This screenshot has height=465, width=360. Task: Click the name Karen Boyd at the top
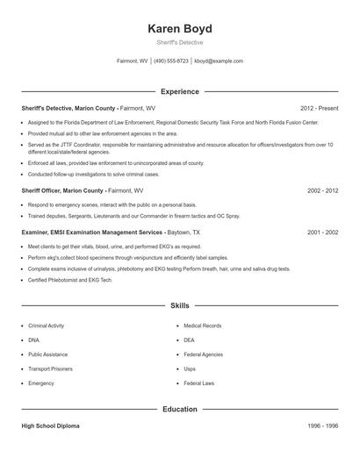[x=180, y=28]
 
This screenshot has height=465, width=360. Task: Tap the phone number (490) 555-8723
[x=171, y=61]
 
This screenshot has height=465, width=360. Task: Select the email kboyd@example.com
[x=219, y=61]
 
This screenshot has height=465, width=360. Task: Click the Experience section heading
[x=180, y=91]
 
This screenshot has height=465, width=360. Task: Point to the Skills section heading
[x=180, y=306]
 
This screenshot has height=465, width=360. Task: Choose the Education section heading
[x=180, y=409]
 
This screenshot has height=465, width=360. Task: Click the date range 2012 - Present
[x=319, y=108]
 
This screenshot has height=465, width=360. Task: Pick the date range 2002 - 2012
[x=323, y=190]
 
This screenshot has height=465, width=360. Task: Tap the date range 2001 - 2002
[x=323, y=232]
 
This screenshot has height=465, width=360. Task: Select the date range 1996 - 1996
[x=323, y=426]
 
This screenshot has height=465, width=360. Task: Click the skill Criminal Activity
[x=47, y=325]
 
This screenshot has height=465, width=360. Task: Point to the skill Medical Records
[x=202, y=325]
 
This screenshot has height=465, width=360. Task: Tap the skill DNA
[x=33, y=340]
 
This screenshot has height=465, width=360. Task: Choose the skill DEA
[x=190, y=340]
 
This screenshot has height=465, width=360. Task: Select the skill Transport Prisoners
[x=50, y=368]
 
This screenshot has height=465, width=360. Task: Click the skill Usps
[x=190, y=368]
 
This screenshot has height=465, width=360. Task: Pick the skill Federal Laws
[x=199, y=383]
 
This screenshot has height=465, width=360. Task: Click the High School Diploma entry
[x=50, y=426]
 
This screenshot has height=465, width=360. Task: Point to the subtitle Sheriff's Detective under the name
[x=180, y=42]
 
